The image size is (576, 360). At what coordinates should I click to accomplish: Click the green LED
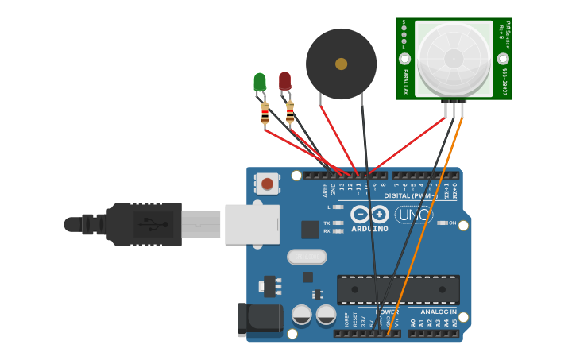pos(260,82)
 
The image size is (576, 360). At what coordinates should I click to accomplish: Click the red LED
pos(284,80)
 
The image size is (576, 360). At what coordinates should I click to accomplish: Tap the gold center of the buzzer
pos(342,64)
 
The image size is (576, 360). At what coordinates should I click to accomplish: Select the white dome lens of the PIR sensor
pos(454,58)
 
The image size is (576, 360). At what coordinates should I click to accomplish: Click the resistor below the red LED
pos(290,112)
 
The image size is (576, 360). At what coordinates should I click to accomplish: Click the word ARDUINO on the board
pos(370,229)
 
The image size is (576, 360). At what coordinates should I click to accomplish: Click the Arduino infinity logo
pos(369,215)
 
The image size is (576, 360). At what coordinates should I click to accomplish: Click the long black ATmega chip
pos(398,289)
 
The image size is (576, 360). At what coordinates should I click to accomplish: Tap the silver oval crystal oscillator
pos(306,257)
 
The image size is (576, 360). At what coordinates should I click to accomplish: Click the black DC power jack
pos(261,319)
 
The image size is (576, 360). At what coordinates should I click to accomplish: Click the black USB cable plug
pos(143,224)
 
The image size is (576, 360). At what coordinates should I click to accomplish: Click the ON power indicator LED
pos(442,223)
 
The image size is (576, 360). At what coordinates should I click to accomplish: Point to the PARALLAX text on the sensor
pos(405,82)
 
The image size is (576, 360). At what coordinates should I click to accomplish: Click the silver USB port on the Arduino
pos(252,224)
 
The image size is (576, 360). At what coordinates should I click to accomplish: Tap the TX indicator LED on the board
pos(338,223)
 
